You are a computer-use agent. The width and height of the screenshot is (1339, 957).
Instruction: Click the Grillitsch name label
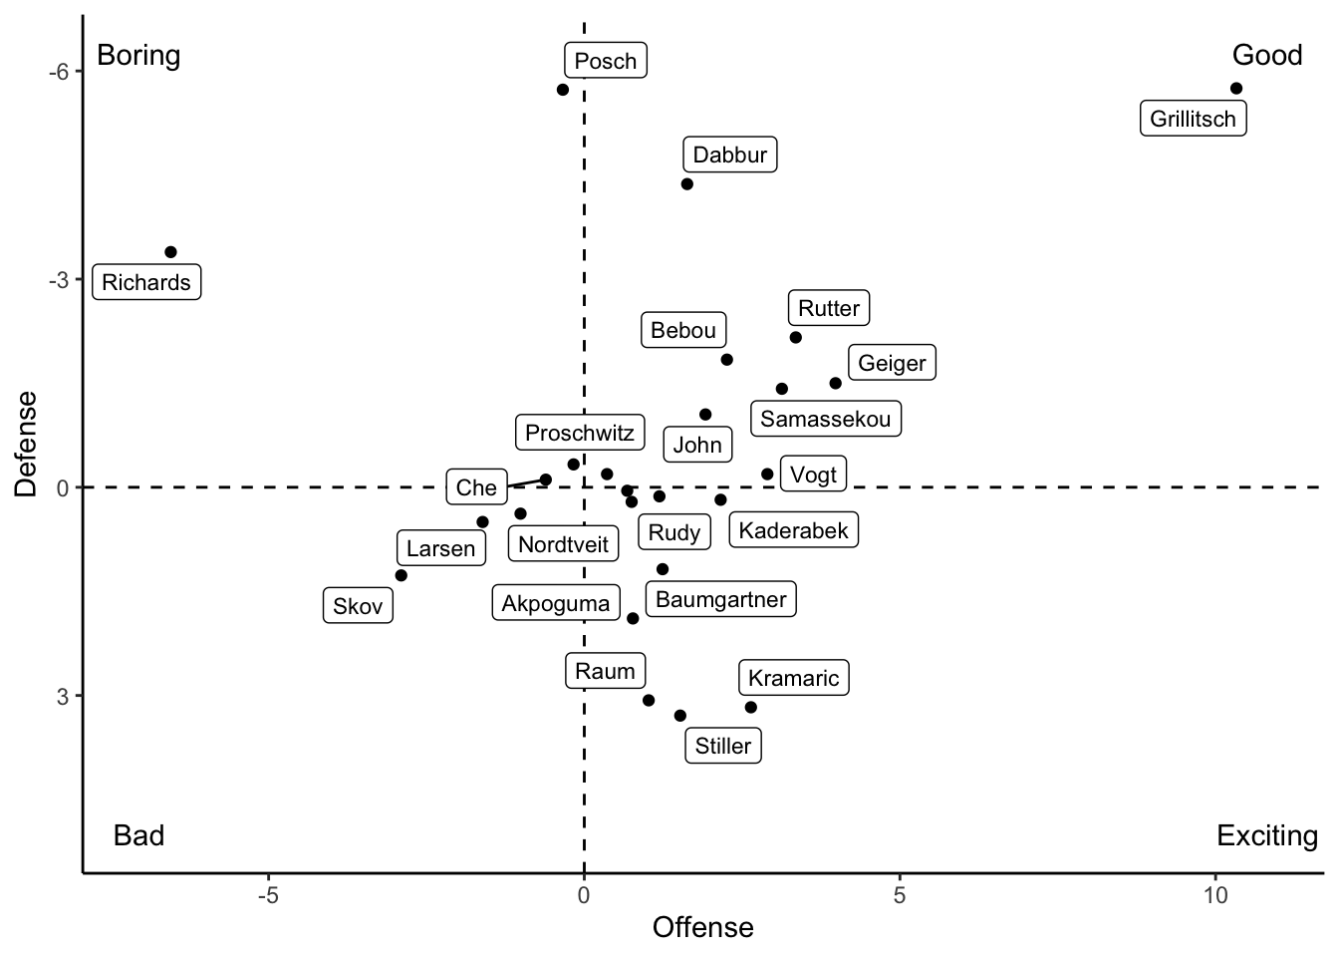click(x=1193, y=120)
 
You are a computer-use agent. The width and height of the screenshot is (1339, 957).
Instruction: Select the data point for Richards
click(x=170, y=252)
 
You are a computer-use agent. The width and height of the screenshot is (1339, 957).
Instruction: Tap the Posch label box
click(x=606, y=61)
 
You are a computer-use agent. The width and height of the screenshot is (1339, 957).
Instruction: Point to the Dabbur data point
click(x=686, y=184)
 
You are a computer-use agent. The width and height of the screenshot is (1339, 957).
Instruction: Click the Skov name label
click(x=358, y=606)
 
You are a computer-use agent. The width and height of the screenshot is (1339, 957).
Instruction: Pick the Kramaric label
click(x=794, y=678)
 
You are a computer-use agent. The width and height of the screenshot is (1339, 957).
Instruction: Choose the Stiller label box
click(x=723, y=746)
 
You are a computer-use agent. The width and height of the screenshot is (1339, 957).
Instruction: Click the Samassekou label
click(x=825, y=419)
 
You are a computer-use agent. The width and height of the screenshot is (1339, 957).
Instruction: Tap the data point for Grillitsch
click(x=1236, y=89)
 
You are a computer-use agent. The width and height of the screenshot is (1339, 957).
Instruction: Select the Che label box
click(x=476, y=487)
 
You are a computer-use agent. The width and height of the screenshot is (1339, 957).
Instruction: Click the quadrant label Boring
click(x=138, y=55)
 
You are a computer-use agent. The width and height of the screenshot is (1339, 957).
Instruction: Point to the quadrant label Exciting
click(x=1266, y=835)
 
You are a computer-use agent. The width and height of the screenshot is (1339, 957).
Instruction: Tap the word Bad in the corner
click(x=138, y=835)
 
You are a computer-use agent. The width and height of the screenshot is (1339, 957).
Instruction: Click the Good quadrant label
click(x=1266, y=55)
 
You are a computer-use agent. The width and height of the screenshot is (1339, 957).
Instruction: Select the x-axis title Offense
click(x=702, y=928)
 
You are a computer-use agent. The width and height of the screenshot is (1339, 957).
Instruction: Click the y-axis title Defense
click(x=27, y=444)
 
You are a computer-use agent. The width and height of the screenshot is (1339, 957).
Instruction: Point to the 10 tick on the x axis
click(x=1214, y=895)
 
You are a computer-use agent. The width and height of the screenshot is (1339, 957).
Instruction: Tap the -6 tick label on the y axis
click(x=59, y=72)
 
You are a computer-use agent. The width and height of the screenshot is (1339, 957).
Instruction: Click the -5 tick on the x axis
click(x=268, y=895)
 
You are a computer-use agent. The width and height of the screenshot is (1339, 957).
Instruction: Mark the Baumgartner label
click(x=721, y=600)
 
